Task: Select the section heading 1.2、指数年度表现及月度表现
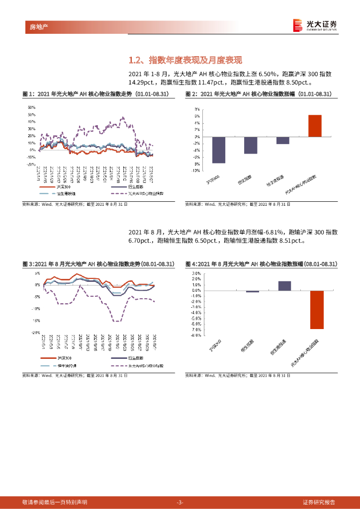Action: (185, 61)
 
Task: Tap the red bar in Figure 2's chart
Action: (315, 126)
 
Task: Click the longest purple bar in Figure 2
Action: (218, 150)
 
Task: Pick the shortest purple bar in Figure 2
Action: (282, 140)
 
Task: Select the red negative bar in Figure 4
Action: (317, 310)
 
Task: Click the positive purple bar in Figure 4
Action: (284, 285)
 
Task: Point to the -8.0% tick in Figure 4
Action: (196, 335)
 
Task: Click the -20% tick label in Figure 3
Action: (36, 333)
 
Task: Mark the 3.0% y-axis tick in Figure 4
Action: (196, 273)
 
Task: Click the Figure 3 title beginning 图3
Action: (98, 263)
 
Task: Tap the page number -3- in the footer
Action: (180, 502)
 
